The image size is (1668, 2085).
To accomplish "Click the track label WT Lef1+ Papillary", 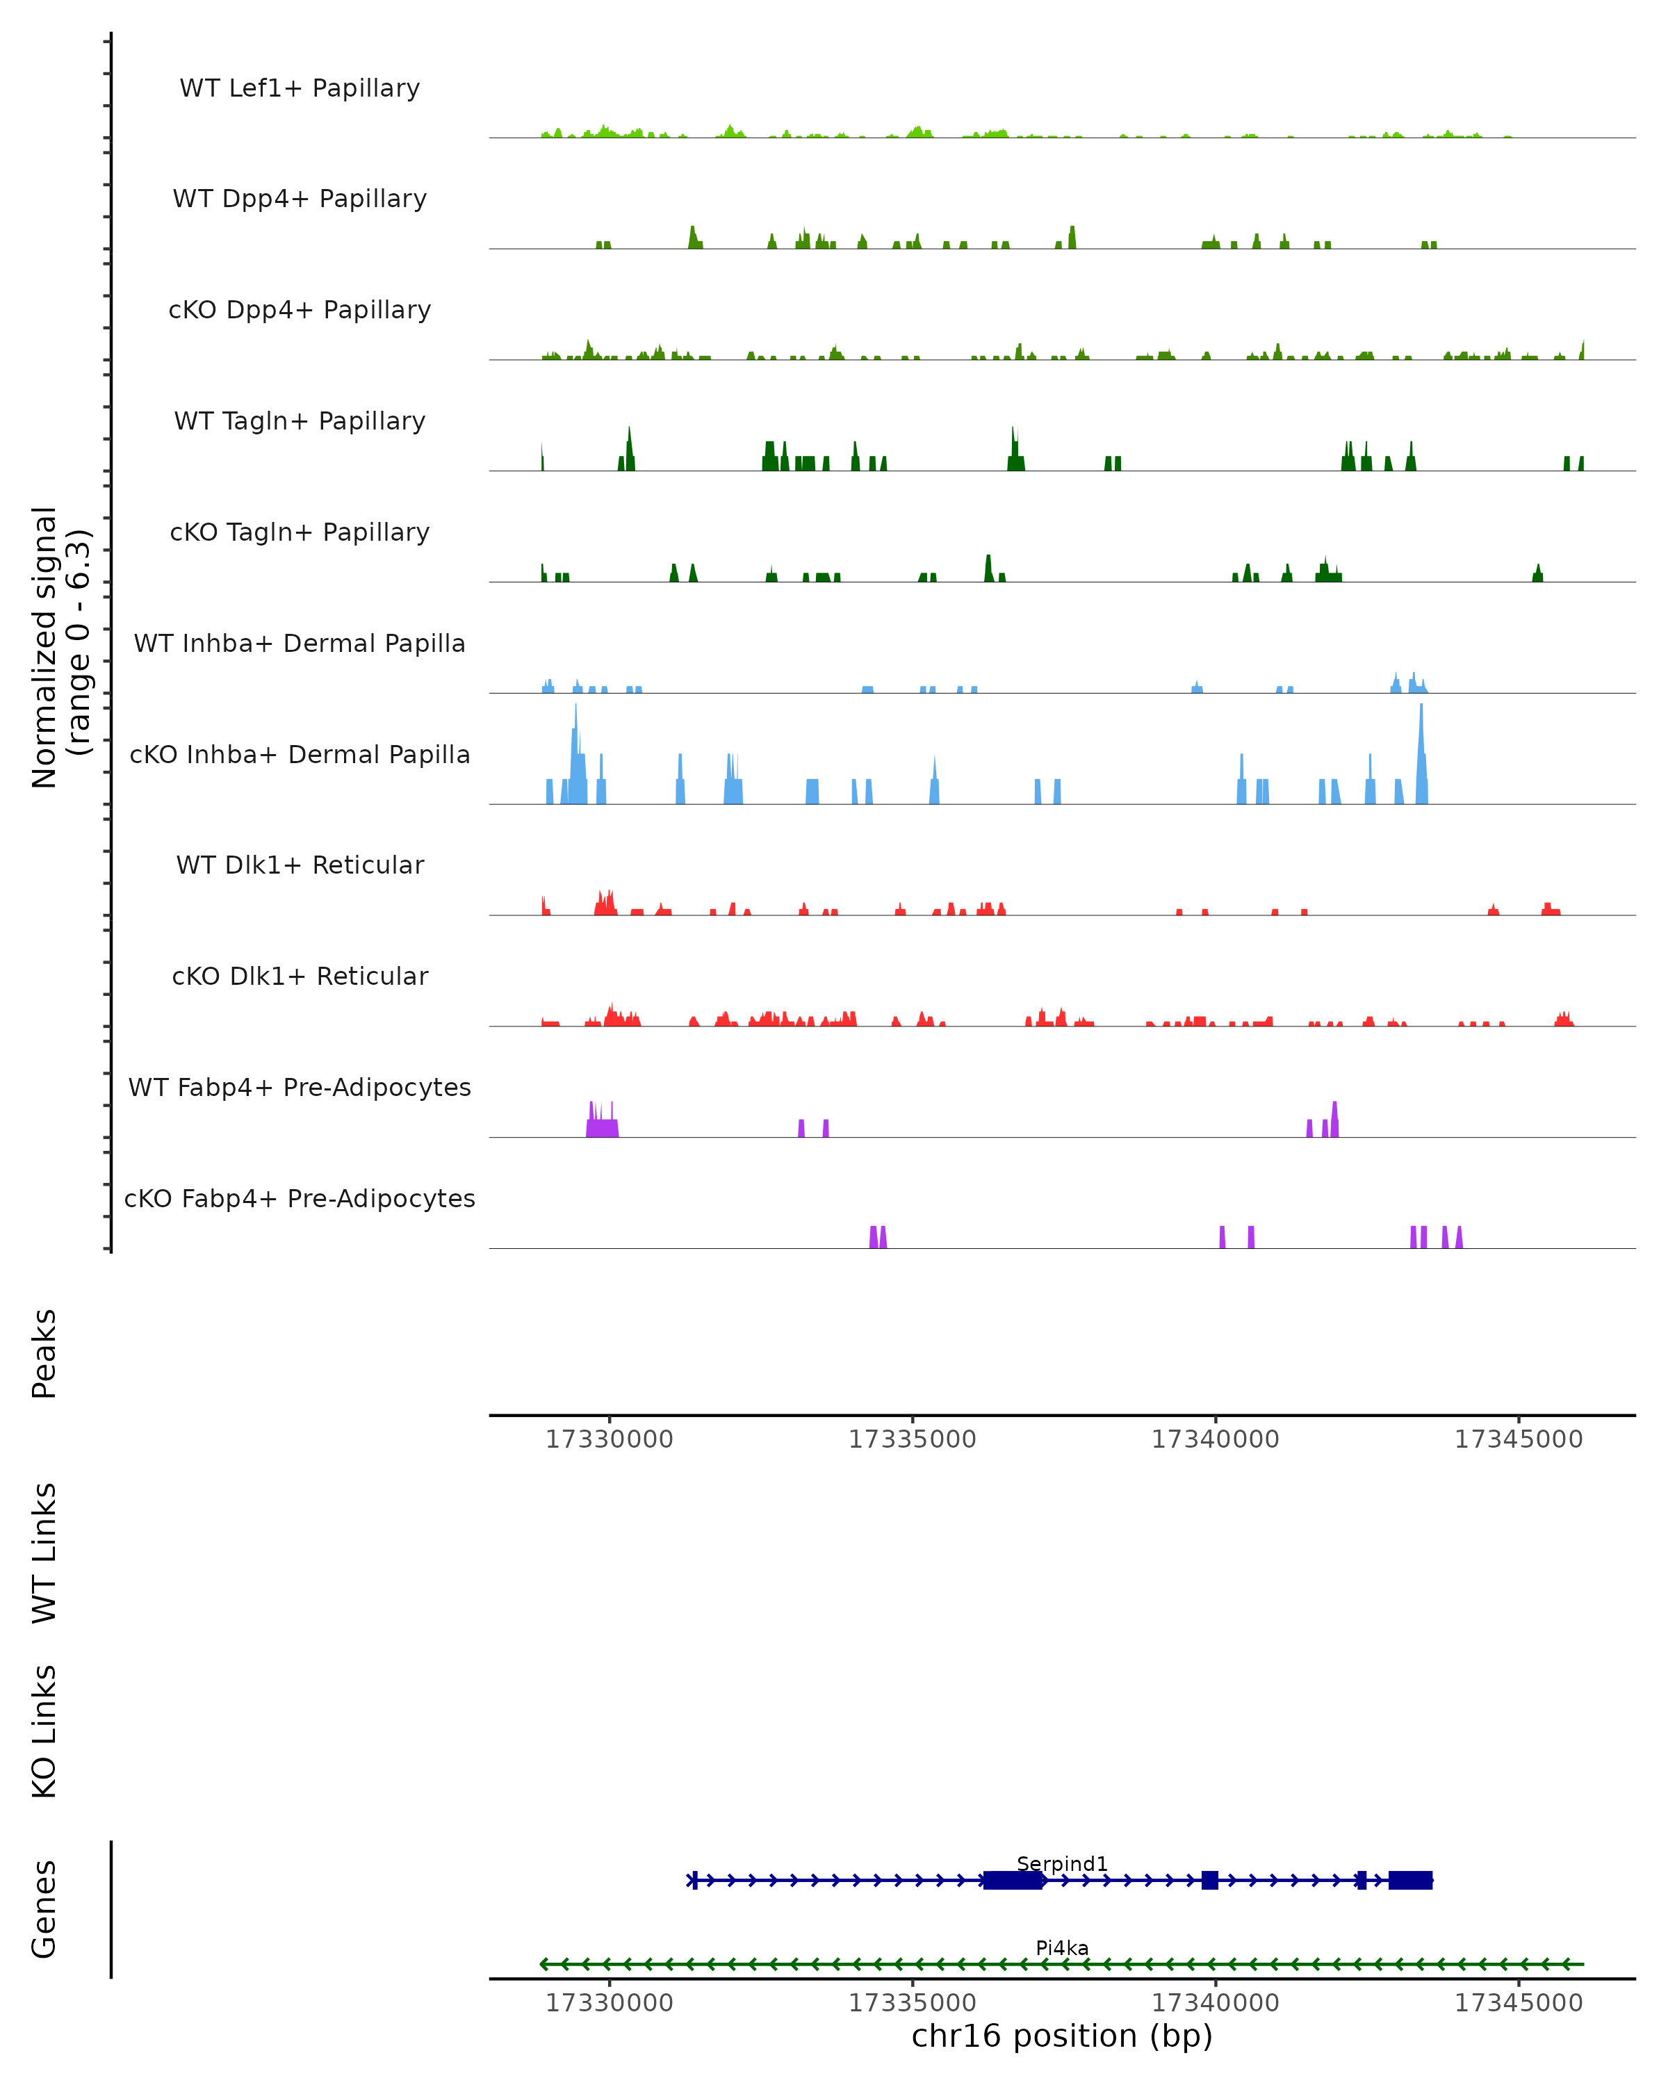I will coord(300,88).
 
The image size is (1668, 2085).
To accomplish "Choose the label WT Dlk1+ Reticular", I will coord(300,865).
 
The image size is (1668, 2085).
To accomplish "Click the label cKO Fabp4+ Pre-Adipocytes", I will coord(300,1198).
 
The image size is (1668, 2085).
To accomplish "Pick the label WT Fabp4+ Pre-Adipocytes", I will coord(300,1087).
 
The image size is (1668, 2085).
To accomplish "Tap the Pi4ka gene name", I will coord(1062,1947).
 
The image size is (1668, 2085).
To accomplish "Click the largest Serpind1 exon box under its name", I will coord(1013,1880).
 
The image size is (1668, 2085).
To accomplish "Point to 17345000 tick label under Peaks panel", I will coord(1518,1439).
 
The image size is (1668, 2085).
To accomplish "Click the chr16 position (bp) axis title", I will coord(1062,2036).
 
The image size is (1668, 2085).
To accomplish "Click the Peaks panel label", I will coord(44,1353).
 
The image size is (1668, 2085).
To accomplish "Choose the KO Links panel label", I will coord(44,1731).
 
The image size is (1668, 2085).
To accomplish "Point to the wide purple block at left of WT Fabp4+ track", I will coord(603,1127).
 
